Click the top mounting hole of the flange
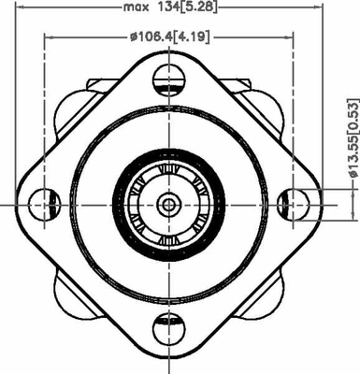pos(168,79)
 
